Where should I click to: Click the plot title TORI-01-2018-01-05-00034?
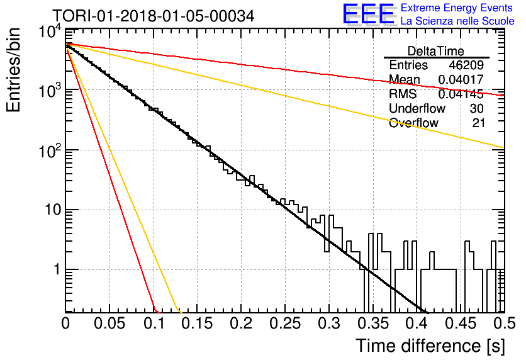pyautogui.click(x=154, y=16)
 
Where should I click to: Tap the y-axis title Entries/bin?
pyautogui.click(x=13, y=70)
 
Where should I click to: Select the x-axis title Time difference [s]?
pyautogui.click(x=430, y=346)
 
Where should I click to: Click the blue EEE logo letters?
pyautogui.click(x=369, y=14)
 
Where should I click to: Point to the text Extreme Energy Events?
pyautogui.click(x=457, y=8)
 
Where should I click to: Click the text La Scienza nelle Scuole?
pyautogui.click(x=457, y=21)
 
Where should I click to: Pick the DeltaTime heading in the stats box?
pyautogui.click(x=436, y=51)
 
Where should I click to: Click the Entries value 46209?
pyautogui.click(x=466, y=65)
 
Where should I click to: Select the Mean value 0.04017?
pyautogui.click(x=461, y=79)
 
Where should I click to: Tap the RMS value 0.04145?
pyautogui.click(x=461, y=94)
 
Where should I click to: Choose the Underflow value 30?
pyautogui.click(x=476, y=108)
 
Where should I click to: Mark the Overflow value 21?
pyautogui.click(x=478, y=123)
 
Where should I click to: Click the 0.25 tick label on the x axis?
pyautogui.click(x=285, y=323)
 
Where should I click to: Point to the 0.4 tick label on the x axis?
pyautogui.click(x=417, y=323)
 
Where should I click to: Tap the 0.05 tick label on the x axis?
pyautogui.click(x=109, y=323)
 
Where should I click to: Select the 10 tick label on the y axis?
pyautogui.click(x=53, y=210)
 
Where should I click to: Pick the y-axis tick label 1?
pyautogui.click(x=57, y=269)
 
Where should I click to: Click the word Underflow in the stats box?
pyautogui.click(x=417, y=108)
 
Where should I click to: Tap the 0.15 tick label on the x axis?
pyautogui.click(x=198, y=323)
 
